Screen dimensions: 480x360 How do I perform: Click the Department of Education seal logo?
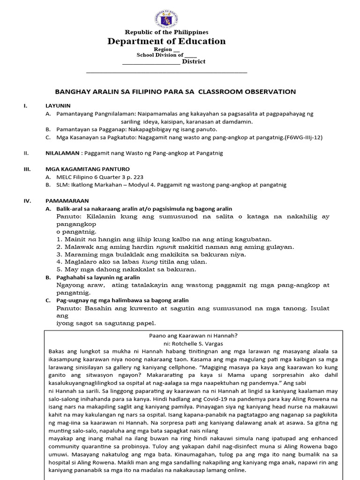(x=166, y=19)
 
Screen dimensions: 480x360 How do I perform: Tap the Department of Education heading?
(x=166, y=41)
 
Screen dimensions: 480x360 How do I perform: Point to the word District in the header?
(x=194, y=61)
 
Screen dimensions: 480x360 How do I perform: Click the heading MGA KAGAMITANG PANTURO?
(x=81, y=169)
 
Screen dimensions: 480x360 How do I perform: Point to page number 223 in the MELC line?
(x=138, y=177)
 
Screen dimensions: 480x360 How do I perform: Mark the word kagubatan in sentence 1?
(x=253, y=239)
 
